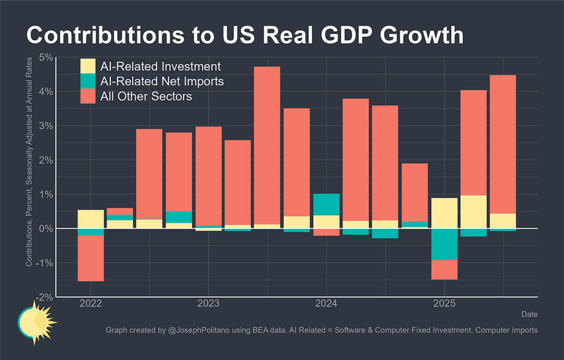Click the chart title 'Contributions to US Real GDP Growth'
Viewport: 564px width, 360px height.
244,35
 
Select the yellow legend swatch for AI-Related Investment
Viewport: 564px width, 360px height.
88,66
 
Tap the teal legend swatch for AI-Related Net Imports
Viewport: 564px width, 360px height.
88,82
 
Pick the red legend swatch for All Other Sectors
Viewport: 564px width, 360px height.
88,96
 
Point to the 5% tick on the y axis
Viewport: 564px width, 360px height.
46,57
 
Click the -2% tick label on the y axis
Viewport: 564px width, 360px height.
44,297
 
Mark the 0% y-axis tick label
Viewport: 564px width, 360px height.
46,228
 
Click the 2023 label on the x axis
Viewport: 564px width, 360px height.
208,304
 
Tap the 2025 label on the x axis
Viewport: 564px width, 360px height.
444,304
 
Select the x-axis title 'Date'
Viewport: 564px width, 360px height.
529,314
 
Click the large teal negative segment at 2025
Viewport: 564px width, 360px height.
444,244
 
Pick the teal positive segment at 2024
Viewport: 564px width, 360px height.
326,204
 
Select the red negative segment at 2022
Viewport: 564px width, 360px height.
90,258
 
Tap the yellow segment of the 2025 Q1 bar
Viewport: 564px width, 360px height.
444,213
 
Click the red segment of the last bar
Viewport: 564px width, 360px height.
503,144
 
